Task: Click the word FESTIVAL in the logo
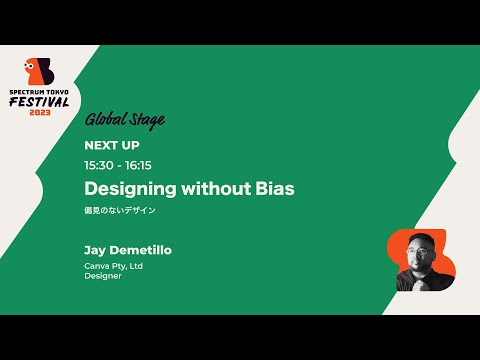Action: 39,102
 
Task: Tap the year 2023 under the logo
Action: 40,113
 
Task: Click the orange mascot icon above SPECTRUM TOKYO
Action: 39,72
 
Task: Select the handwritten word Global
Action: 106,119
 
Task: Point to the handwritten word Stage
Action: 147,121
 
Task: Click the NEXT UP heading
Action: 112,145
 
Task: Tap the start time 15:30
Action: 99,165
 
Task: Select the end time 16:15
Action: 138,165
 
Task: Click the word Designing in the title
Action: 130,189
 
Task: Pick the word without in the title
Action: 216,188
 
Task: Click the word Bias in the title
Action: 275,188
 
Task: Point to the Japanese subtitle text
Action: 120,210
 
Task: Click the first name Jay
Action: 95,251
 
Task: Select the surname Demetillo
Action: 141,250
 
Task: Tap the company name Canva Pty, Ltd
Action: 113,266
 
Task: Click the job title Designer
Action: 103,276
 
